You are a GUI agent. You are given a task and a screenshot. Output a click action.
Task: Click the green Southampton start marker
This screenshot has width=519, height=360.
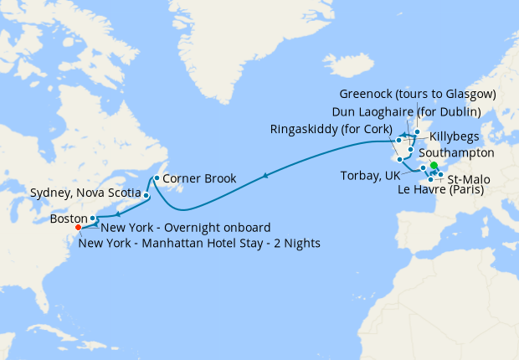point(434,167)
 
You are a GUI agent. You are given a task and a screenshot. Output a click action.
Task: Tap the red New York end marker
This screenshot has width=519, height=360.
point(78,227)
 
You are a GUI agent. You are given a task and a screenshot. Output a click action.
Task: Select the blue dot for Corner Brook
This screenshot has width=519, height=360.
point(157,178)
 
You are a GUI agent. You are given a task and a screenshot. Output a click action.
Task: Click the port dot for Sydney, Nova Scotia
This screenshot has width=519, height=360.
point(146,196)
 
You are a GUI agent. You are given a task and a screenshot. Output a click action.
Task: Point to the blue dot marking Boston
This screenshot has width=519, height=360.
point(92,219)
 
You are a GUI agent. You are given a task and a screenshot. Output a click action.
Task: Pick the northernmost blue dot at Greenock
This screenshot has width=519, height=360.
point(417,132)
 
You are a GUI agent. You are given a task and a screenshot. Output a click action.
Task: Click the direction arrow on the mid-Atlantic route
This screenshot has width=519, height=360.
point(265,176)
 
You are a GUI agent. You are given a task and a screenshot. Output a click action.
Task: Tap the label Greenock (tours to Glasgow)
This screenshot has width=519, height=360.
point(419,93)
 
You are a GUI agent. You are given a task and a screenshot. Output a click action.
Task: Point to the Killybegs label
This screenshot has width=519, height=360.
point(456,136)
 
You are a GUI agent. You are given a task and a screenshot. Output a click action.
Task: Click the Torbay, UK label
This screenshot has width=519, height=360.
point(370,175)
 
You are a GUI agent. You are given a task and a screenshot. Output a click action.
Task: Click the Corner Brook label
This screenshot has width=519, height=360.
point(198,179)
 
